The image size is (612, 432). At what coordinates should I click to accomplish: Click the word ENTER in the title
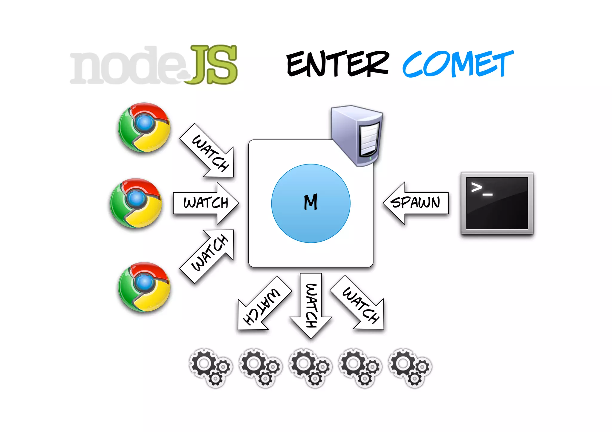click(338, 64)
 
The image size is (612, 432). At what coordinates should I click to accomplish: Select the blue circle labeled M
click(311, 203)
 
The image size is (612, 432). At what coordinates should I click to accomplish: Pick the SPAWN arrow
click(415, 203)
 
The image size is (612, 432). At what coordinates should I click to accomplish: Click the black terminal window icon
click(497, 203)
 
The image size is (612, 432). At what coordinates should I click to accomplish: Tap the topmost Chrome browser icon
click(144, 127)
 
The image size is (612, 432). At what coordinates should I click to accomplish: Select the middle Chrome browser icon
click(136, 203)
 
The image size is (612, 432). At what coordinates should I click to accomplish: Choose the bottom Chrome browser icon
click(144, 287)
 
